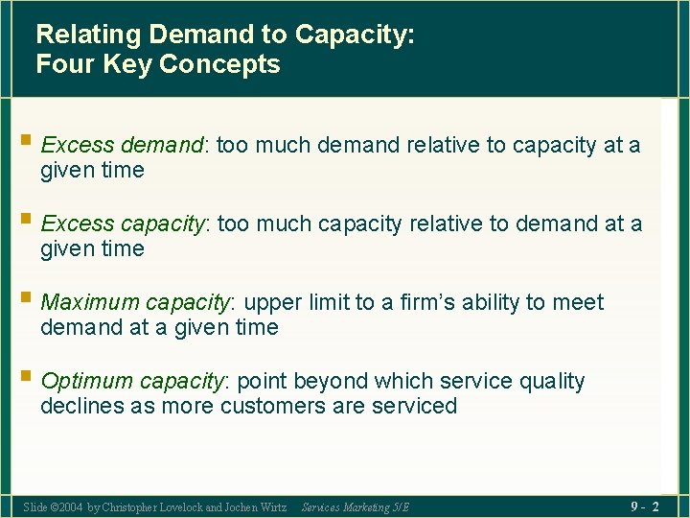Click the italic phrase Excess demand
point(123,146)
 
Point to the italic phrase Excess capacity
point(124,224)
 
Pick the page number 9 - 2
point(644,506)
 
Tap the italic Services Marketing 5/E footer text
point(355,506)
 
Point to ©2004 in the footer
point(66,506)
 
